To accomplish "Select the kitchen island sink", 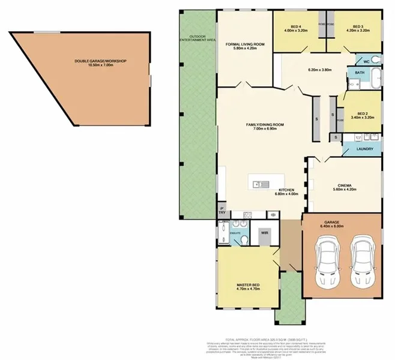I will click(261, 182).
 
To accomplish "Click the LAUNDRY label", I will click(364, 149).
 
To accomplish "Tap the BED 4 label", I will click(296, 27).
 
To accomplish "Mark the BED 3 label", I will click(358, 27).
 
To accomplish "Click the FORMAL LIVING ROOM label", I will click(245, 45).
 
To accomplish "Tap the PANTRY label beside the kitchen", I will click(221, 211).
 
